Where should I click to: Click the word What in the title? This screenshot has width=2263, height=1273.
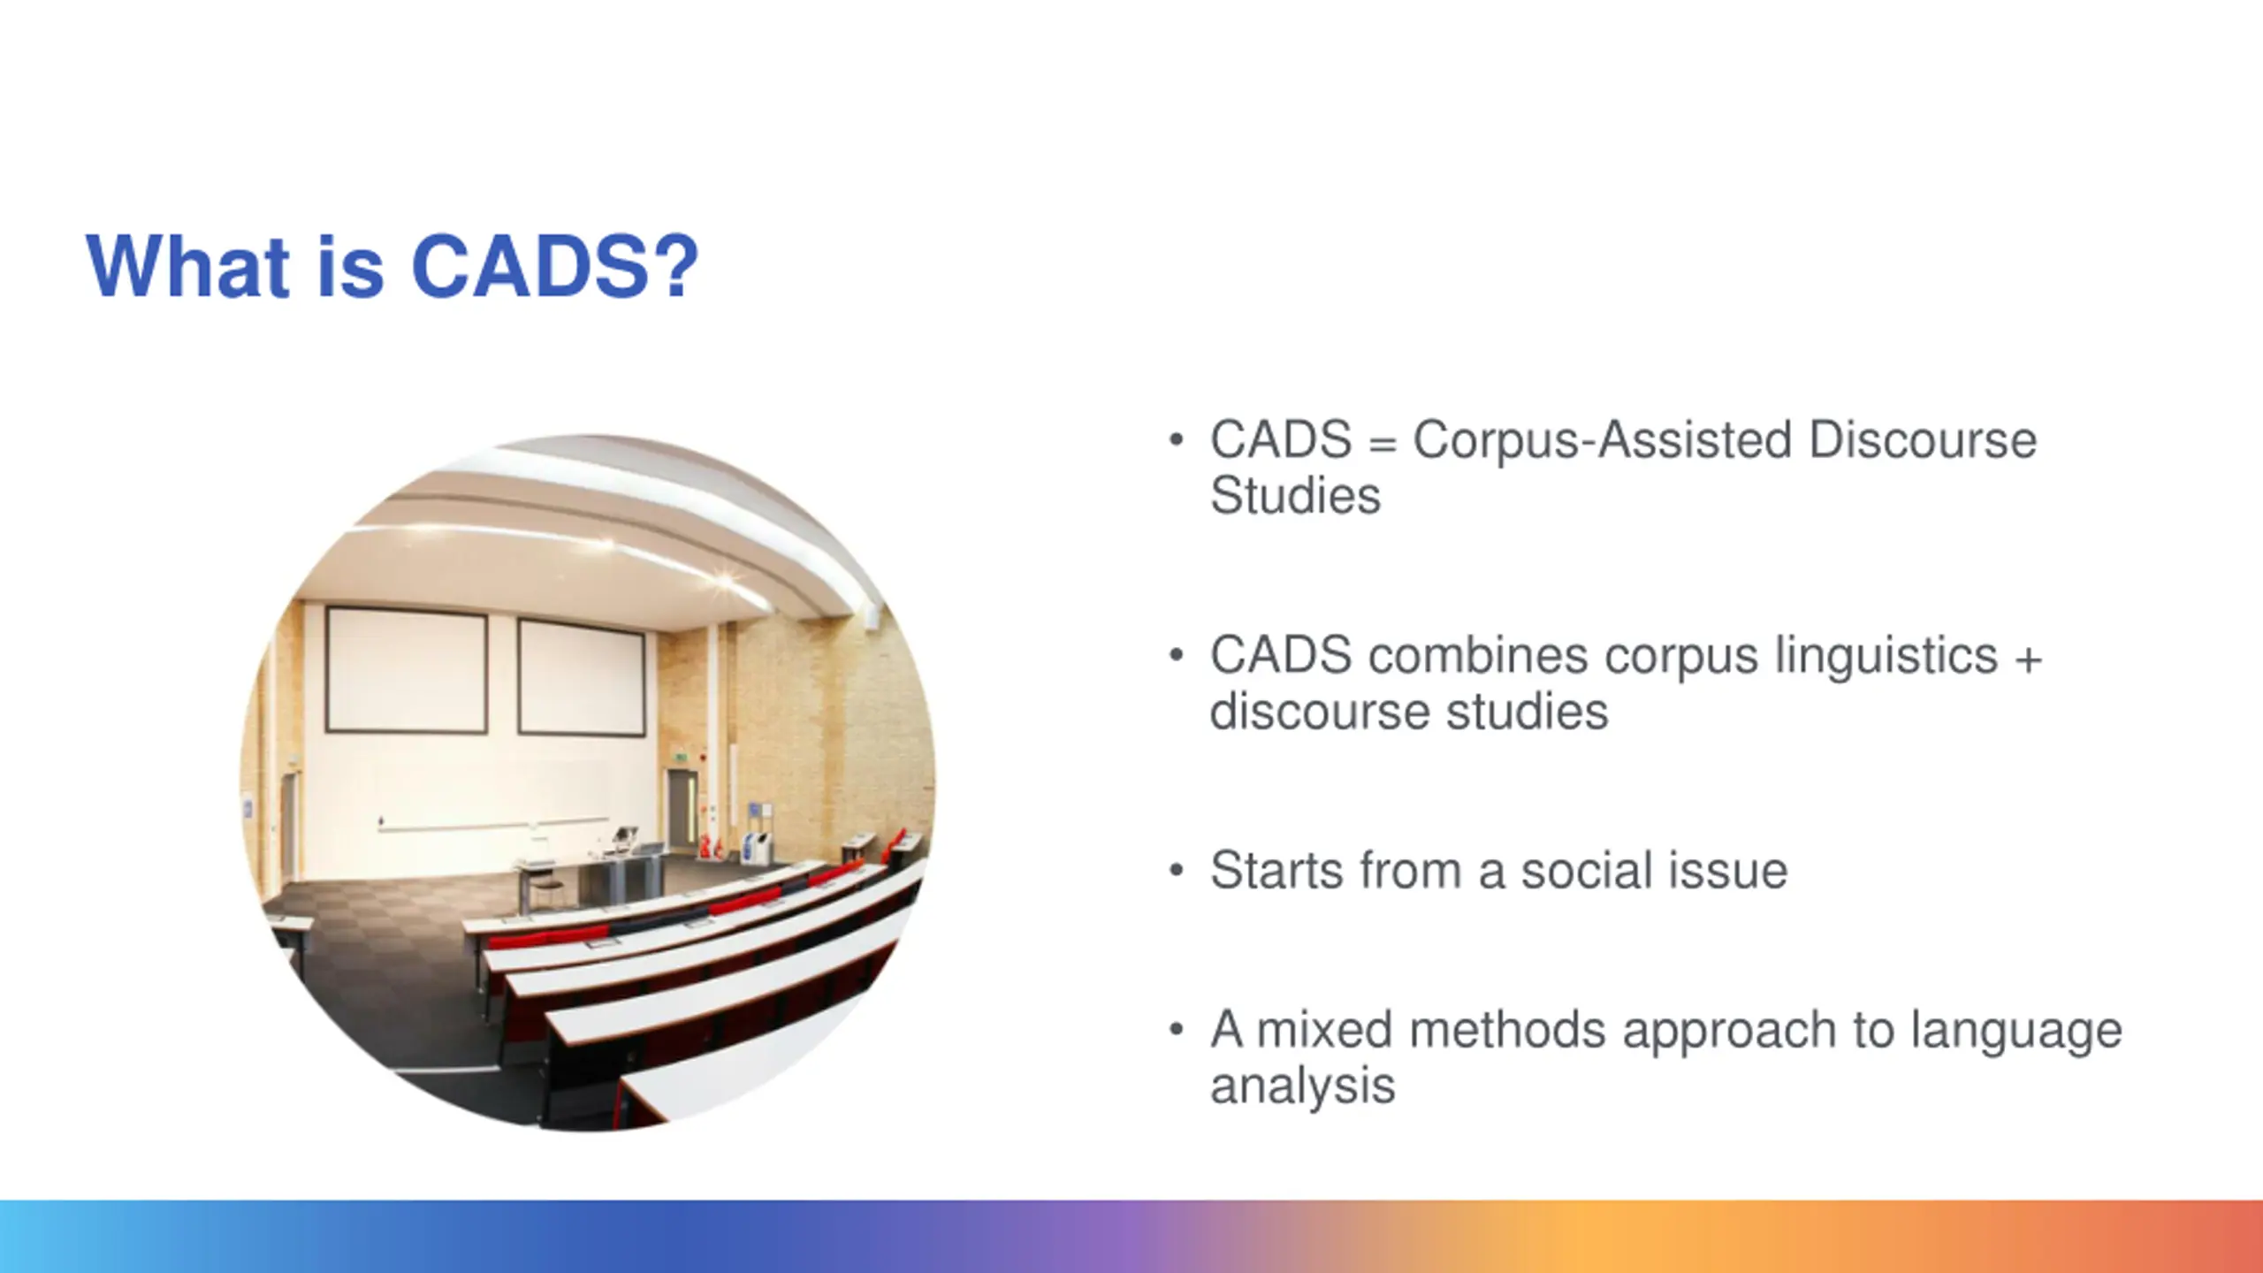click(188, 266)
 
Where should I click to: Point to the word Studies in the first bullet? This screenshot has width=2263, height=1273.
click(1295, 495)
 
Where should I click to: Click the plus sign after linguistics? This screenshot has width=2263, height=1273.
click(2029, 659)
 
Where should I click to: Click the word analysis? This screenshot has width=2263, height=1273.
click(1302, 1087)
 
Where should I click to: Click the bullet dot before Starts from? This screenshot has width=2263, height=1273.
click(1176, 872)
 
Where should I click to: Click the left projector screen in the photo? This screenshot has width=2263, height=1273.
click(407, 670)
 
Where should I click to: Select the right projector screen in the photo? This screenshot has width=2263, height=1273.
click(581, 677)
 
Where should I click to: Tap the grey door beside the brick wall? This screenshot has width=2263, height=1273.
click(682, 807)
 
